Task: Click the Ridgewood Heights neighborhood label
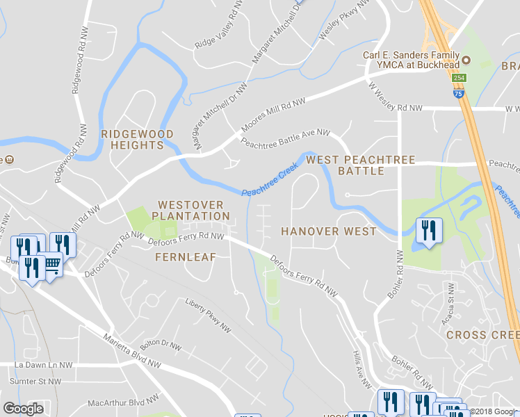pos(132,139)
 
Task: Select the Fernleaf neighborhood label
pos(186,256)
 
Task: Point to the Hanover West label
pos(328,231)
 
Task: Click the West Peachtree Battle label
pos(361,165)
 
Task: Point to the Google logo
pos(23,409)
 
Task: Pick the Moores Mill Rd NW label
pos(273,115)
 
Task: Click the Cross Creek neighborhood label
pos(482,335)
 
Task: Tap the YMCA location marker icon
pos(468,60)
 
